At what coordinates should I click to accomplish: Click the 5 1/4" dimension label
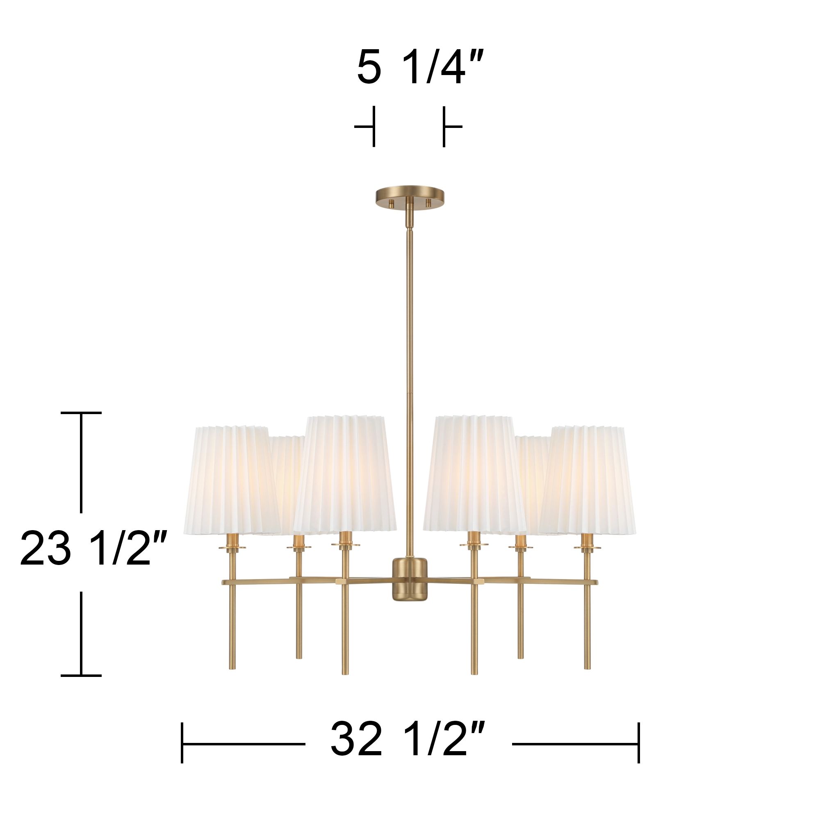click(420, 68)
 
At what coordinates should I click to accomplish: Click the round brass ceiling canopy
click(410, 196)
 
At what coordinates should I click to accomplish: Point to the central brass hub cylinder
click(410, 579)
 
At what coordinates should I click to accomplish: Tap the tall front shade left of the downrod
click(345, 473)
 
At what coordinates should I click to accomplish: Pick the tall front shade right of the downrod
click(474, 473)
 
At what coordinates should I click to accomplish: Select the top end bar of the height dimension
click(81, 412)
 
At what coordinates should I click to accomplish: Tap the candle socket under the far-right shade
click(587, 541)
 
